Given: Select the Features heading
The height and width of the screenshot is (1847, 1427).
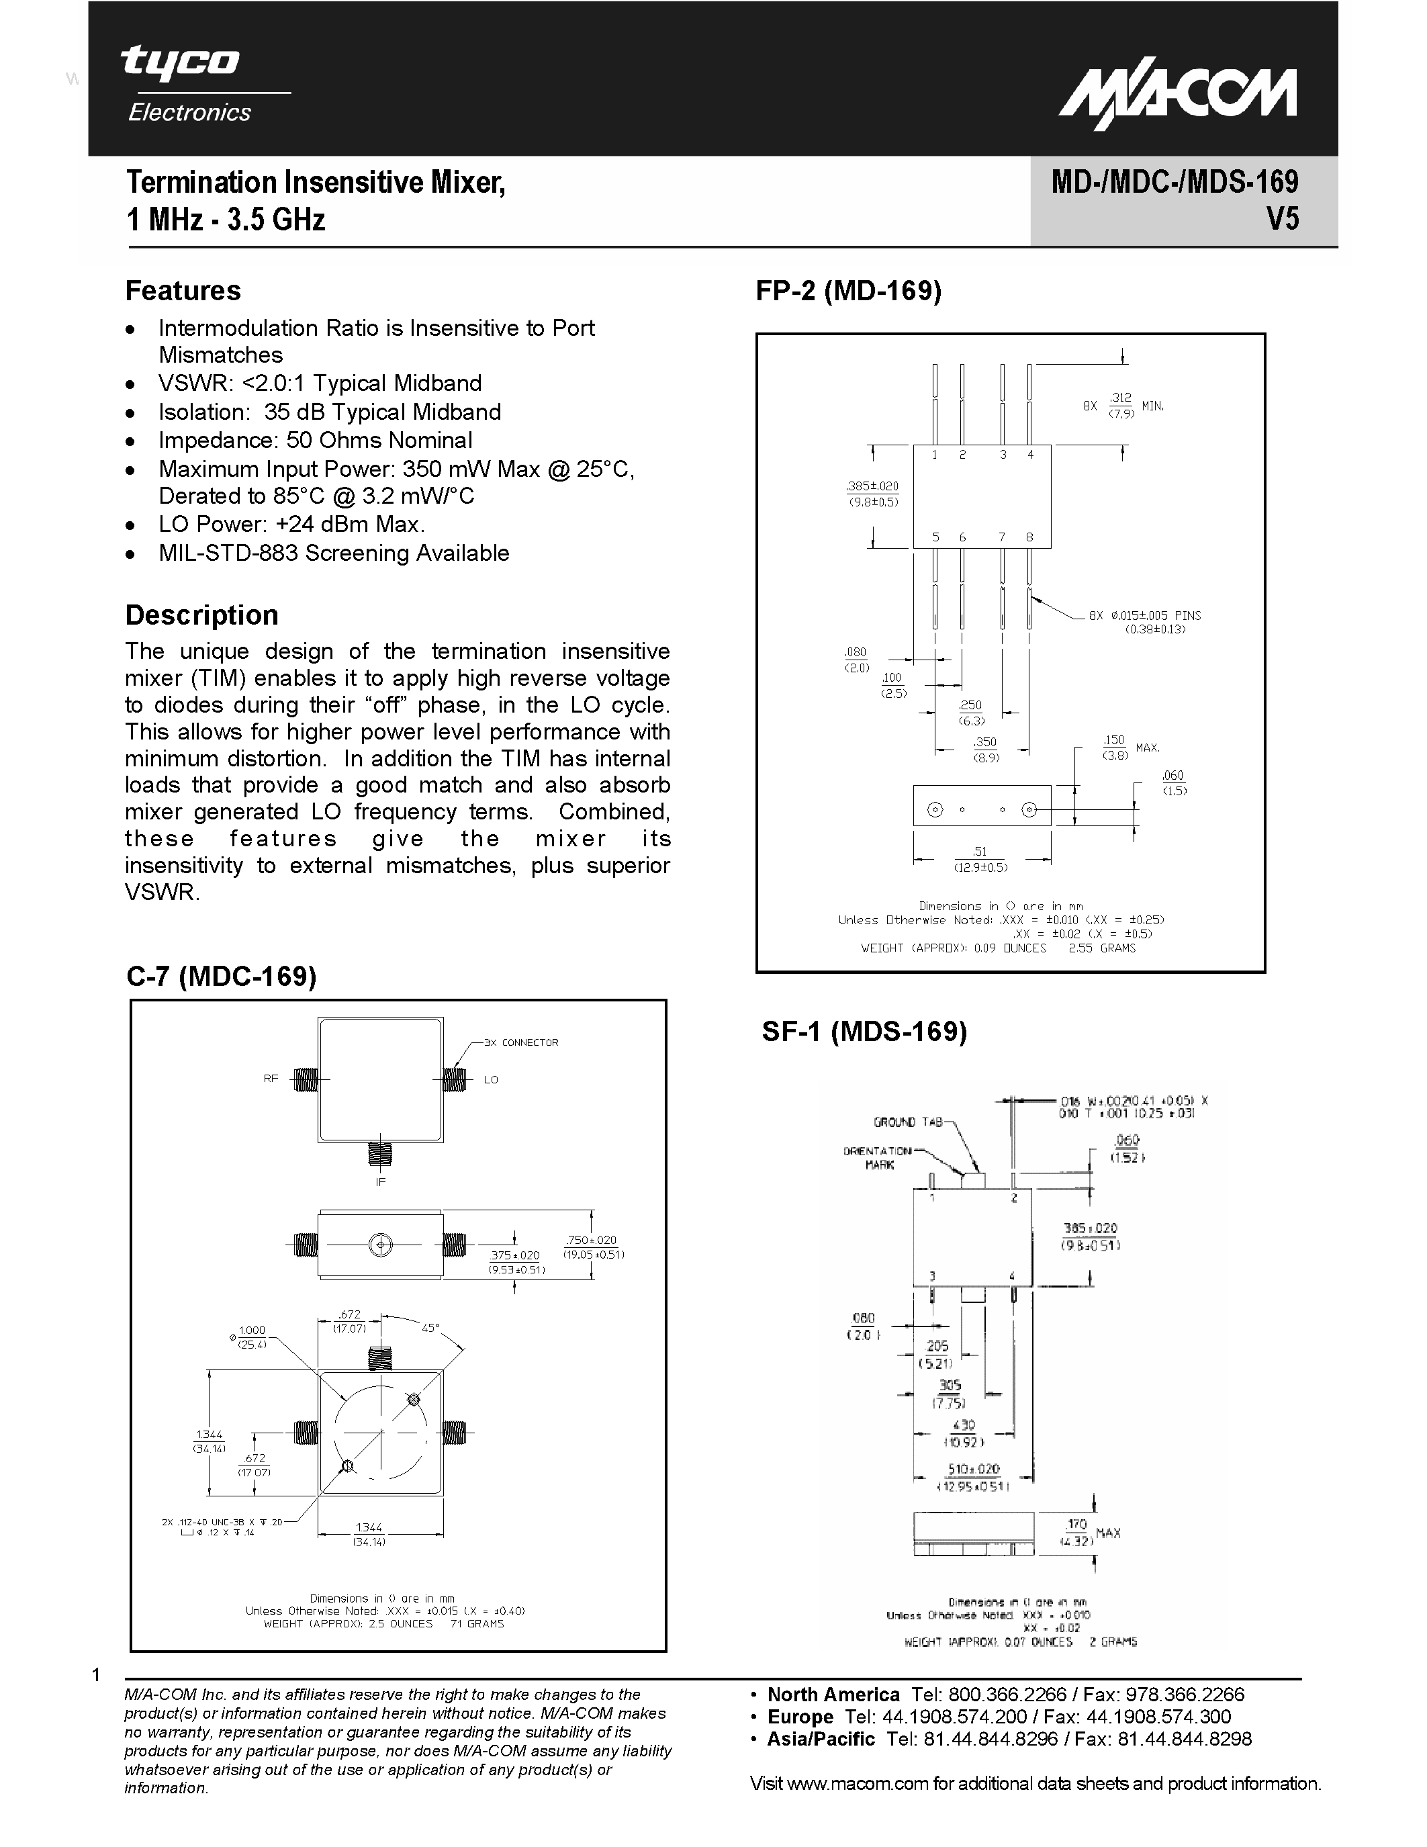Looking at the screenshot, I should click(x=183, y=291).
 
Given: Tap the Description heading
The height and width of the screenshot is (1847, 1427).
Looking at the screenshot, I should click(x=201, y=615).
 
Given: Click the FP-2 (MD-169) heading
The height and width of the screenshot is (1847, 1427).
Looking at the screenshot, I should click(x=848, y=291).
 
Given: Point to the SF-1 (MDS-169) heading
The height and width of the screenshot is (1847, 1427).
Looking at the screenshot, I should click(x=864, y=1031).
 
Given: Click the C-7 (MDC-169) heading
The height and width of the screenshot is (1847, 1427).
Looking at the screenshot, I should click(x=222, y=976).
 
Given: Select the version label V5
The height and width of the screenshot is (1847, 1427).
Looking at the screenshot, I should click(x=1281, y=220).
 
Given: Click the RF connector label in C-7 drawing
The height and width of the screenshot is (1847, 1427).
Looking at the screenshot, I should click(x=271, y=1078).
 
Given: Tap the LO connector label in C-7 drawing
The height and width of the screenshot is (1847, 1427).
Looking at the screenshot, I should click(x=491, y=1080).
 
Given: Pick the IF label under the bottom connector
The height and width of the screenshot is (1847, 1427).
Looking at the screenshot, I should click(x=380, y=1181).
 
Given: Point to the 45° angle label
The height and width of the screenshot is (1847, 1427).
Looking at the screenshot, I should click(x=430, y=1328).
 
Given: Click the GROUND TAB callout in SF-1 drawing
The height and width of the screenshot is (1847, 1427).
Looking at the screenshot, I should click(x=907, y=1122).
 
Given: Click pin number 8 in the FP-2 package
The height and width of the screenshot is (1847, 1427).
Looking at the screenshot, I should click(x=1029, y=537).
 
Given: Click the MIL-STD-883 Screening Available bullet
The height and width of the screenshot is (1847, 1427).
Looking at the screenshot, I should click(x=333, y=553).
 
